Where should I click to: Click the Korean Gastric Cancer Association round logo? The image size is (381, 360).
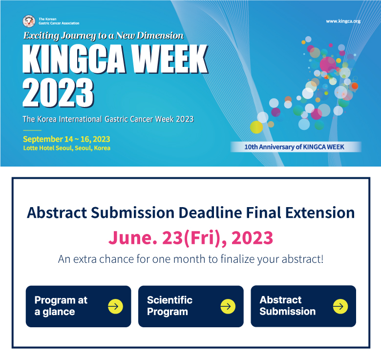click(x=29, y=21)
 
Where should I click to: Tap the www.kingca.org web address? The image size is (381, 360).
click(x=343, y=21)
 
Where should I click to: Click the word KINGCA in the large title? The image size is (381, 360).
click(x=74, y=59)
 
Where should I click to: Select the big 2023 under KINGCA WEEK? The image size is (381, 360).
click(x=58, y=93)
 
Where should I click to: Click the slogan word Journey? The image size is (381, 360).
click(x=79, y=36)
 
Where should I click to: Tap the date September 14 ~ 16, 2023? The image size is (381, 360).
click(x=66, y=139)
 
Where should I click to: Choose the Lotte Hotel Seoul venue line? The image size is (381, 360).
click(x=66, y=148)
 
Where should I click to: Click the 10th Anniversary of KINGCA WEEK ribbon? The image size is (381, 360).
click(x=296, y=147)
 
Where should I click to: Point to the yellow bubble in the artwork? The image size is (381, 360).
click(x=256, y=127)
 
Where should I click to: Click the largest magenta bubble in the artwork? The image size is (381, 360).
click(x=328, y=64)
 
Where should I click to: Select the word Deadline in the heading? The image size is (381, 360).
click(x=210, y=213)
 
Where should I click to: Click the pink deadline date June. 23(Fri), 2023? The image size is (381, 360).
click(x=190, y=237)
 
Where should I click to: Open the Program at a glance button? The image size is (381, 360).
click(x=79, y=306)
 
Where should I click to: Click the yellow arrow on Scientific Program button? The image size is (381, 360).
click(x=228, y=306)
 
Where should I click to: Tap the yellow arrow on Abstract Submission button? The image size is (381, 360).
click(x=340, y=306)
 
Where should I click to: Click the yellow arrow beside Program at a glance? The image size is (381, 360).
click(x=115, y=306)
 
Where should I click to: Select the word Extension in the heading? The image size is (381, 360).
click(x=320, y=213)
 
